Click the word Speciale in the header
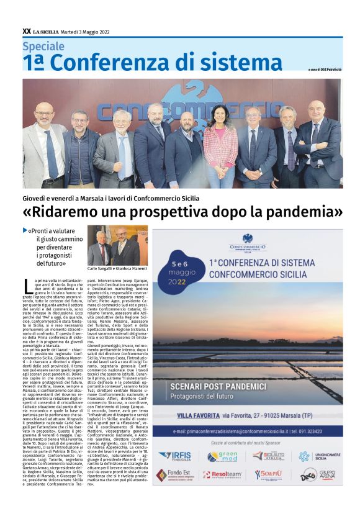pyautogui.click(x=43, y=46)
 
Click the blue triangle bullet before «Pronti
pyautogui.click(x=25, y=230)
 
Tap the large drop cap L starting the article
pyautogui.click(x=27, y=287)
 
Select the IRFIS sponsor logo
pyautogui.click(x=174, y=455)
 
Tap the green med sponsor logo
pyautogui.click(x=222, y=456)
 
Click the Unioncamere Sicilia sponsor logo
pyautogui.click(x=317, y=456)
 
